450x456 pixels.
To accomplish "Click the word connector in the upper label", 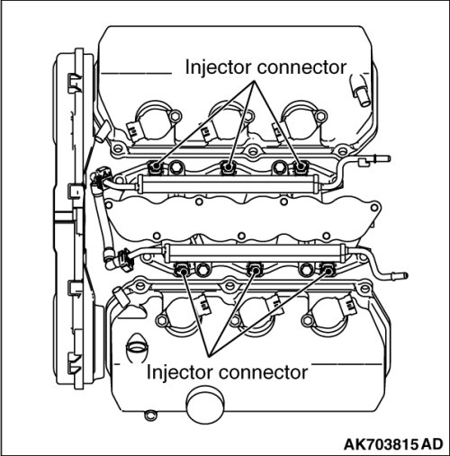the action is coord(301,68).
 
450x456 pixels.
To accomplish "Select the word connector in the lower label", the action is coord(264,373).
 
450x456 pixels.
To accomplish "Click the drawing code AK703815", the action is coord(381,444).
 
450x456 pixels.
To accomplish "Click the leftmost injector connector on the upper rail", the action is coord(156,167).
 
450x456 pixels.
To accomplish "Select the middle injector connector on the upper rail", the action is coord(229,167).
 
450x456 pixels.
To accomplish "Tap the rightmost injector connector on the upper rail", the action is coord(301,167).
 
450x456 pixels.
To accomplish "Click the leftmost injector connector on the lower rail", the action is coord(182,269).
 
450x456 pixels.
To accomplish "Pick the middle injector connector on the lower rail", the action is coord(255,269).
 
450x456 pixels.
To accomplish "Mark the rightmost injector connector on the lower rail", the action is coord(327,269).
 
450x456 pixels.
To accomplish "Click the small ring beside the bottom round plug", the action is coord(149,415).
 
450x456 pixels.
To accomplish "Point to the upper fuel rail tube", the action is coord(228,184).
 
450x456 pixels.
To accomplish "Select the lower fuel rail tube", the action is coord(255,253).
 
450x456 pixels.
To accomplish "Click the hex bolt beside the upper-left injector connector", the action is coord(175,167).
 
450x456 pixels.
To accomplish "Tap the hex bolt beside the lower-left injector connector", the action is coord(203,270).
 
